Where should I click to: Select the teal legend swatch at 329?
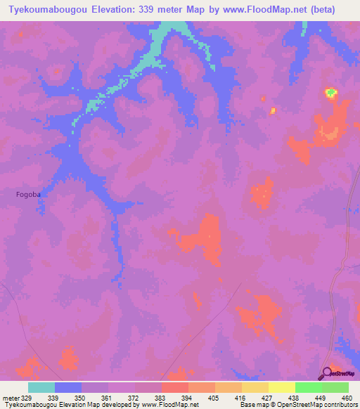[x=41, y=387]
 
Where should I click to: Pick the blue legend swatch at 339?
[x=68, y=387]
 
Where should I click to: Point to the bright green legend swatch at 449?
[x=309, y=387]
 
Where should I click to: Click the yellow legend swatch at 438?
[x=282, y=387]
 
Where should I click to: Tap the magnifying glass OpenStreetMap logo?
[x=327, y=374]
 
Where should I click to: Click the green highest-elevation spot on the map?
[x=330, y=92]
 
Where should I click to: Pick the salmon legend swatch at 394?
[x=175, y=387]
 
